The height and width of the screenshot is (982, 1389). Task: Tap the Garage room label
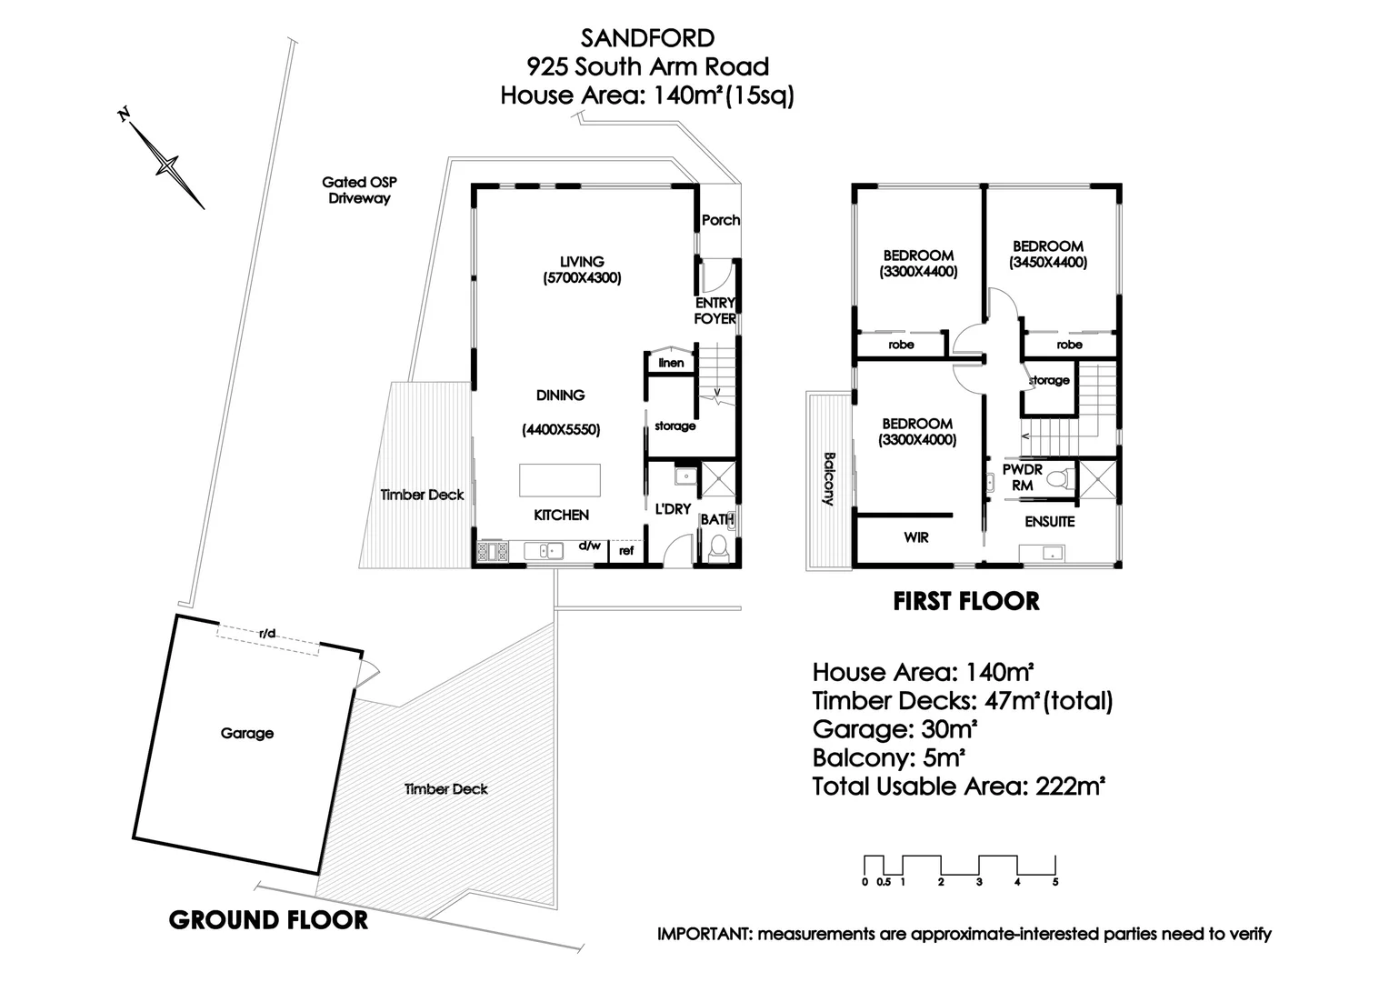[x=246, y=733]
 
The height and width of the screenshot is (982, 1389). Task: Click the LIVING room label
[x=582, y=262]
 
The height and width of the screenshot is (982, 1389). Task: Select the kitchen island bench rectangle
[x=560, y=480]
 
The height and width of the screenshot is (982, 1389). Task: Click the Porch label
[x=720, y=220]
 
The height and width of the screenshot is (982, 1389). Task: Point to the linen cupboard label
[x=671, y=363]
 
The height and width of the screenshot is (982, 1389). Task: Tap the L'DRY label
[x=673, y=509]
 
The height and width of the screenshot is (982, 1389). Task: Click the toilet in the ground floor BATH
[x=718, y=549]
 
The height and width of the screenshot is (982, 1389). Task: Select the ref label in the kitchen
[x=626, y=551]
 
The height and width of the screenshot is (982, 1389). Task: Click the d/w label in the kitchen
[x=589, y=546]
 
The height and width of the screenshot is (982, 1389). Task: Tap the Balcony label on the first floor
[x=828, y=479]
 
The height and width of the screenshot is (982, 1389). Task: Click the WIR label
[x=916, y=537]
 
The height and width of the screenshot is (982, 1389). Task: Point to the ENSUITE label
[x=1050, y=522]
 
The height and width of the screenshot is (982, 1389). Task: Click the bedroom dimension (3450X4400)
[x=1048, y=263]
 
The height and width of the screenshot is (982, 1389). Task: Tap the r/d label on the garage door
[x=267, y=633]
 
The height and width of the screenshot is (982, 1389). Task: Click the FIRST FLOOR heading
[x=965, y=601]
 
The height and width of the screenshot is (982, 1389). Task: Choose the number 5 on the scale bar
[x=1055, y=881]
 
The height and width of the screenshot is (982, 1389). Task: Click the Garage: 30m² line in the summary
[x=894, y=729]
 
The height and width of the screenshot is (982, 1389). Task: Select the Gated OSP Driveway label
[x=359, y=190]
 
